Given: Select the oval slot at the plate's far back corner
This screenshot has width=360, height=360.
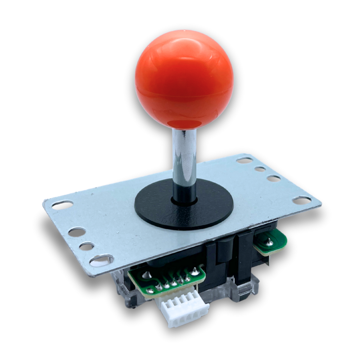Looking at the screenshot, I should click(x=245, y=160).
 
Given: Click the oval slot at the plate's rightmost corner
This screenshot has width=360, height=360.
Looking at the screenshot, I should click(x=302, y=200).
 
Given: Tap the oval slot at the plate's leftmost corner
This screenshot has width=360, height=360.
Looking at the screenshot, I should click(x=63, y=205).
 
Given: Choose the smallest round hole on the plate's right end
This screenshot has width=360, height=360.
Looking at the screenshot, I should click(x=260, y=169).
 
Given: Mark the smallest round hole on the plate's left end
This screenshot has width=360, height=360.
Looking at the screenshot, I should click(x=87, y=246).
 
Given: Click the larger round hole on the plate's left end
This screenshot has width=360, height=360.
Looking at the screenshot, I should click(x=77, y=232).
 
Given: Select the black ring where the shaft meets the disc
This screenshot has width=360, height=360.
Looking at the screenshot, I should click(x=184, y=201).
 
